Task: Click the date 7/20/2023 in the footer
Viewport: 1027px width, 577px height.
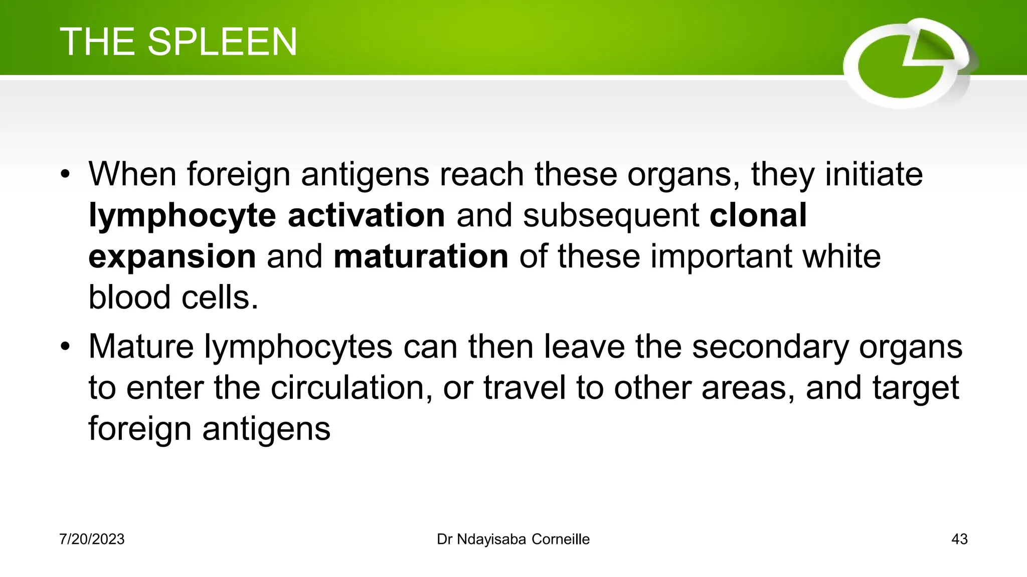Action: [x=92, y=539]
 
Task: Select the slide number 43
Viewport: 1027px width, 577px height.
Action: [x=959, y=539]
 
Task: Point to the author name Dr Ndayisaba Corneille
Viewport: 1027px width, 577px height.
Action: [x=513, y=539]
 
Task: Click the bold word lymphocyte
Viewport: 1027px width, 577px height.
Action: [x=182, y=216]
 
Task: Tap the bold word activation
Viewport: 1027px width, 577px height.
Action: [x=366, y=215]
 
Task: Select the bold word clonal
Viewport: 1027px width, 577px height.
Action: [x=758, y=215]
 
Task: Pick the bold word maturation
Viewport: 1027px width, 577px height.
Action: [x=421, y=256]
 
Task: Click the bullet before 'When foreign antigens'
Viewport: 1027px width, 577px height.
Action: [x=65, y=175]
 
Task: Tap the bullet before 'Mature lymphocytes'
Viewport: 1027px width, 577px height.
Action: [x=65, y=347]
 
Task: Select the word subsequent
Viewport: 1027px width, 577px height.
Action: [x=611, y=216]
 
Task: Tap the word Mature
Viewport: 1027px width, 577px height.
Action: [x=141, y=347]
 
